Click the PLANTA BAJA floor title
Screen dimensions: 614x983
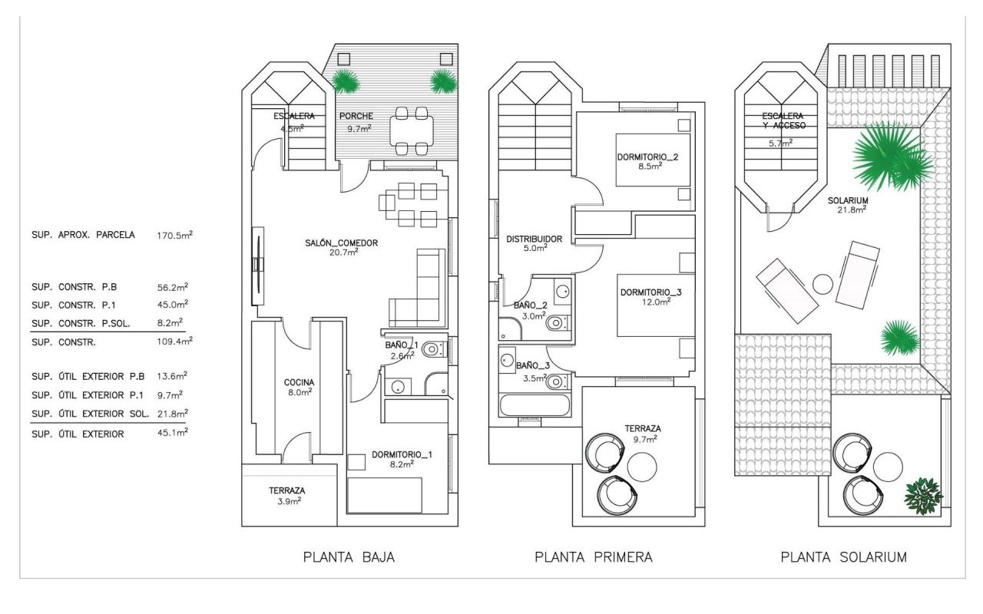point(349,557)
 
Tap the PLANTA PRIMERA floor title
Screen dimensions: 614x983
point(594,557)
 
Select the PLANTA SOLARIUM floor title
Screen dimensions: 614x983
point(843,557)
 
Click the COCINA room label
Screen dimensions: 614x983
point(299,382)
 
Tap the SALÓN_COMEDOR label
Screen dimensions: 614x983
point(343,243)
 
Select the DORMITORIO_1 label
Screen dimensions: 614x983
point(402,454)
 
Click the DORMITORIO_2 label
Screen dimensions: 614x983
point(647,157)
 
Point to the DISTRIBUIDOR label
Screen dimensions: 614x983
point(534,239)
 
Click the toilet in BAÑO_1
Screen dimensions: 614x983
point(432,350)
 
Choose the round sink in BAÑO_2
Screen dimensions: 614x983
point(562,292)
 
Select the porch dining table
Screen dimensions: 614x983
point(411,130)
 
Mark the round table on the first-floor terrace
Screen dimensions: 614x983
point(641,465)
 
